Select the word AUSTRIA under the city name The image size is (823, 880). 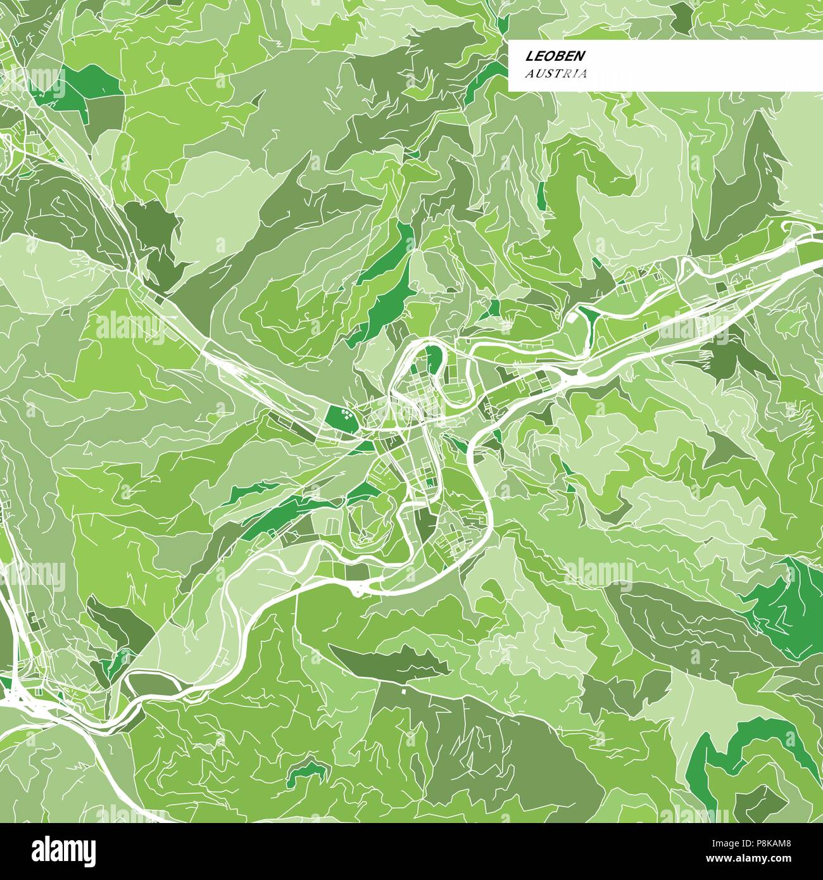pos(556,73)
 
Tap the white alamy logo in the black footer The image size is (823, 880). pos(64,850)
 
